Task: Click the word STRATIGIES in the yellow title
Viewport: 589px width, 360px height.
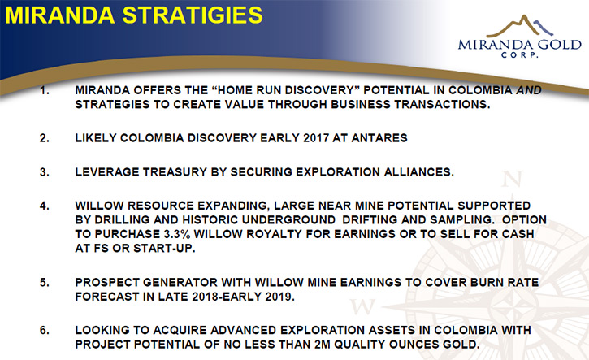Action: pyautogui.click(x=193, y=15)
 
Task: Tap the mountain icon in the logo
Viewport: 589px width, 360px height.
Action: pyautogui.click(x=519, y=26)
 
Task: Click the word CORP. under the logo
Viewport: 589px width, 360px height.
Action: pyautogui.click(x=519, y=55)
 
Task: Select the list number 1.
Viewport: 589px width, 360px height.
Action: pyautogui.click(x=45, y=90)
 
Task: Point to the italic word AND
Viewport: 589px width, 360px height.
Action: pyautogui.click(x=529, y=90)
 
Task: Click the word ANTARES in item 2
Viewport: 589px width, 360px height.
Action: pyautogui.click(x=379, y=138)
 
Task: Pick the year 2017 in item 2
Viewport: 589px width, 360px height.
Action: pyautogui.click(x=316, y=138)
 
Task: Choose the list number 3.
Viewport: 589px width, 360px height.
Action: pyautogui.click(x=45, y=172)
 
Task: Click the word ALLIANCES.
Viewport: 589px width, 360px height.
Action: pyautogui.click(x=419, y=172)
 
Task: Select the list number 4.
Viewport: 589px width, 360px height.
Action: pyautogui.click(x=45, y=206)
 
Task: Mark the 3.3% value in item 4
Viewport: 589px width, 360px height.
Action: pyautogui.click(x=177, y=234)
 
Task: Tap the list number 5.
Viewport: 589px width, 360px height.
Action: pyautogui.click(x=45, y=283)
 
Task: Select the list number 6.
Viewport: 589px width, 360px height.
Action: pyautogui.click(x=45, y=330)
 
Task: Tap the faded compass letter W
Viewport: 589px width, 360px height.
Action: pyautogui.click(x=362, y=306)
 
